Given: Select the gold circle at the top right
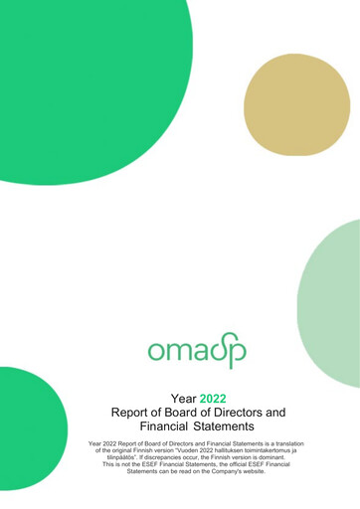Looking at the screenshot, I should point(297,105).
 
